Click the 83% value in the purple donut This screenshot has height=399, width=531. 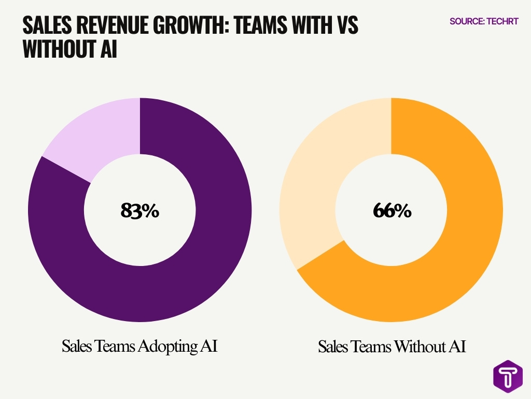click(139, 210)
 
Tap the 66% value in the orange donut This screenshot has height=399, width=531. click(392, 210)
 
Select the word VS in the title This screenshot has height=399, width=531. click(346, 25)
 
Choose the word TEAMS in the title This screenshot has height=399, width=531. click(264, 25)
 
